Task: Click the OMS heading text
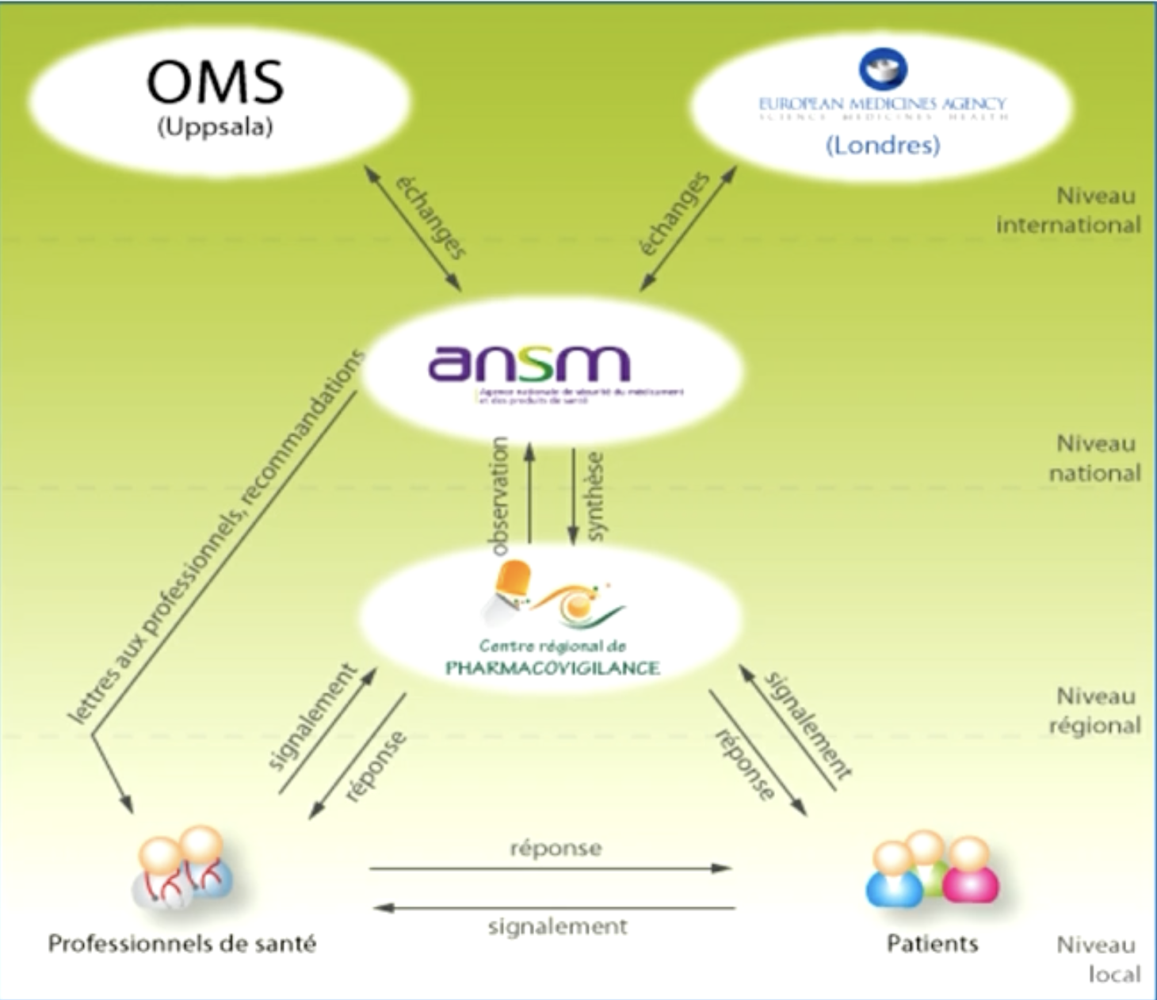pos(215,82)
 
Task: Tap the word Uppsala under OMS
pos(215,128)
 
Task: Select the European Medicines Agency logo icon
pos(883,69)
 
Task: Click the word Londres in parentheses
pos(883,145)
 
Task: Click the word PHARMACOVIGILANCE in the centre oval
pos(552,668)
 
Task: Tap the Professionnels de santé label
pos(182,944)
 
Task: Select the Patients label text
pos(932,944)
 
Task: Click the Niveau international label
pos(1068,210)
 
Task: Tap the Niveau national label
pos(1095,458)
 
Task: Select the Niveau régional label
pos(1095,711)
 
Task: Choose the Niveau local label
pos(1098,959)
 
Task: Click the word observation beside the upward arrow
pos(500,496)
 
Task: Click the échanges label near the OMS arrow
pos(430,216)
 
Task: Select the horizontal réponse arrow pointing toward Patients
pos(550,868)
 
